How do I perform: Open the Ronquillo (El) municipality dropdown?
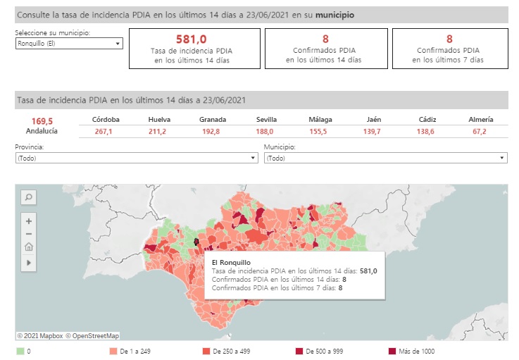pyautogui.click(x=69, y=44)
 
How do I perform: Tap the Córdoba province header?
pyautogui.click(x=106, y=120)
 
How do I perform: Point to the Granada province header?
pyautogui.click(x=213, y=120)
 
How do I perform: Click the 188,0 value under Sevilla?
pyautogui.click(x=267, y=132)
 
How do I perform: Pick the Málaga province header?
pyautogui.click(x=320, y=120)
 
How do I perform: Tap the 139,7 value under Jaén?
pyautogui.click(x=373, y=132)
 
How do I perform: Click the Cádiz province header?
pyautogui.click(x=427, y=120)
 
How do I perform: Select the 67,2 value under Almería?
pyautogui.click(x=480, y=132)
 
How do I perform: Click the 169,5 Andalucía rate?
pyautogui.click(x=42, y=120)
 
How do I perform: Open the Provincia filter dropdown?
pyautogui.click(x=136, y=159)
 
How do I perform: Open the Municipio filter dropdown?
pyautogui.click(x=385, y=159)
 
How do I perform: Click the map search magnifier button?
pyautogui.click(x=29, y=198)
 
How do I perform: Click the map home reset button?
pyautogui.click(x=29, y=247)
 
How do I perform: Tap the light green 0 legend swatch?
pyautogui.click(x=20, y=351)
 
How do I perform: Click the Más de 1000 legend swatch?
pyautogui.click(x=392, y=351)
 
